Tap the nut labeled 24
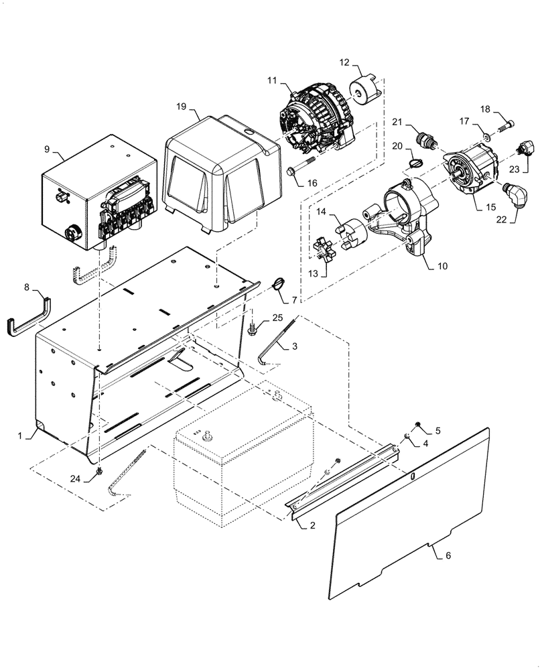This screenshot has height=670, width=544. pyautogui.click(x=99, y=471)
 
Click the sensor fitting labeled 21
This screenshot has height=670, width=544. pyautogui.click(x=425, y=139)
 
